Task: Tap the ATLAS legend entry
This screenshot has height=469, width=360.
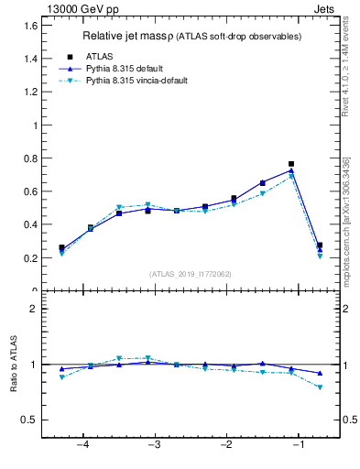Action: tap(100, 57)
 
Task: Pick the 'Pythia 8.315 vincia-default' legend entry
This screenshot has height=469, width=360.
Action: tap(136, 81)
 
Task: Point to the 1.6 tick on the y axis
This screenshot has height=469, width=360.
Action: tap(31, 26)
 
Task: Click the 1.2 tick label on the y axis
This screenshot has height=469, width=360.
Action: tap(31, 92)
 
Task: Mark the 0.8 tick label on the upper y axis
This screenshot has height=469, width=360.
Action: tap(31, 158)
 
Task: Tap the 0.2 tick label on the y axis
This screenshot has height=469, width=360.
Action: tap(31, 258)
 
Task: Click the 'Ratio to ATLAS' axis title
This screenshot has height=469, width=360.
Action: tap(13, 364)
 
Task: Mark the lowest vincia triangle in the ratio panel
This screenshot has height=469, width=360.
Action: tap(320, 387)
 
